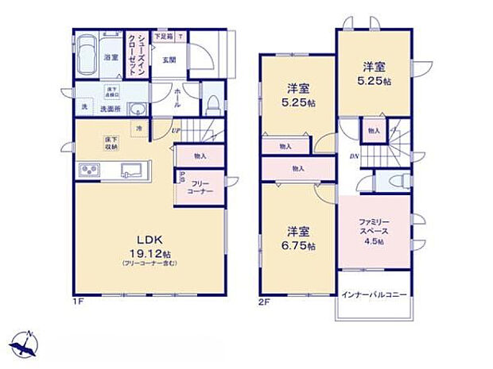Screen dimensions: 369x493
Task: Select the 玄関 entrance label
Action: (169, 60)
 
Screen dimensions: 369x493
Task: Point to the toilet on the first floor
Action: (212, 103)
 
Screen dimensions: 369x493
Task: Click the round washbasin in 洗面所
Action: (138, 110)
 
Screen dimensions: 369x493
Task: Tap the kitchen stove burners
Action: (88, 172)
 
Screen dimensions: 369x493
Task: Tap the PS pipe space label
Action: (182, 178)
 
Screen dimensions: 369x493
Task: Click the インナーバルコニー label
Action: (374, 294)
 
